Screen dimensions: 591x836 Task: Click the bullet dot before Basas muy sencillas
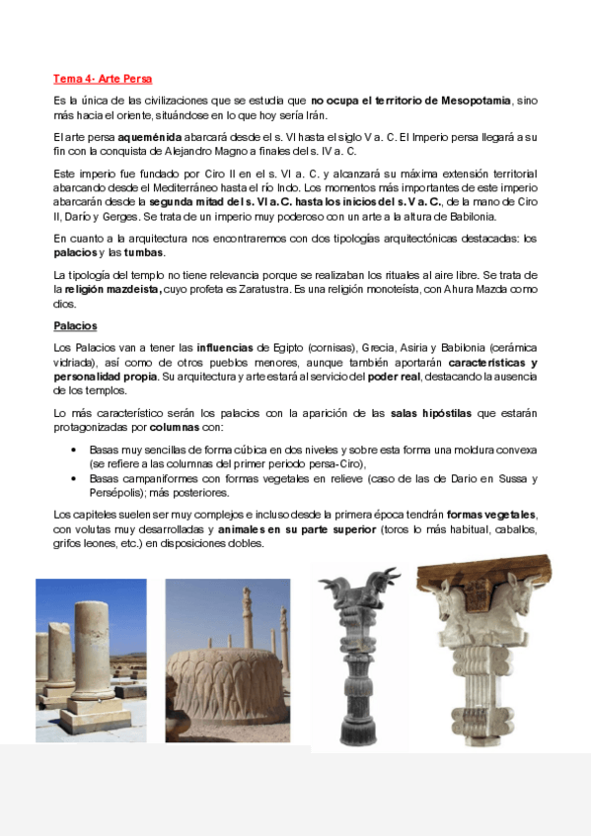pos(77,449)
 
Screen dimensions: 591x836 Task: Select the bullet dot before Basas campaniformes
pos(77,479)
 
